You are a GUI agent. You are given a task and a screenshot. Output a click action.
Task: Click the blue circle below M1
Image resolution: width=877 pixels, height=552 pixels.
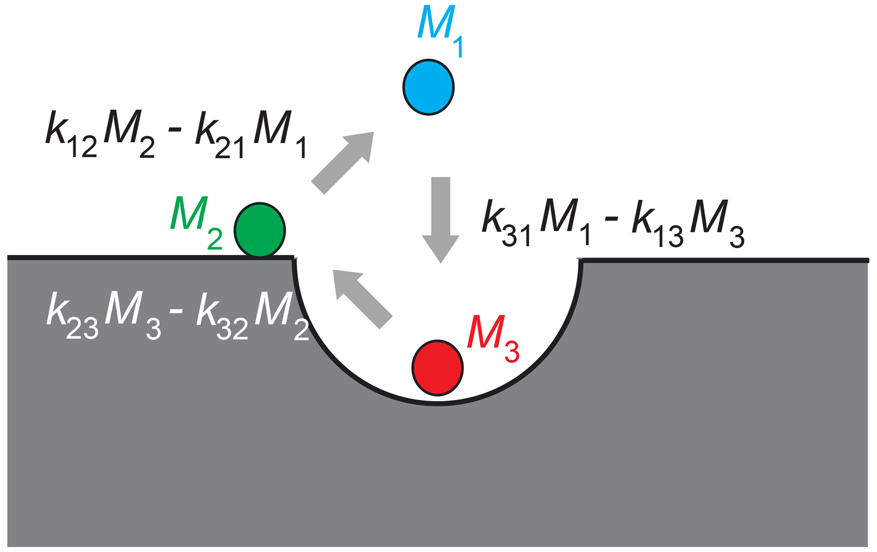(429, 87)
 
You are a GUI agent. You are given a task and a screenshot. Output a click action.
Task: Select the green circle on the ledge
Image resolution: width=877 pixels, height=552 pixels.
(260, 230)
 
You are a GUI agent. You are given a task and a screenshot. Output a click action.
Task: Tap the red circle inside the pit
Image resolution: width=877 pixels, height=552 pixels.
(437, 368)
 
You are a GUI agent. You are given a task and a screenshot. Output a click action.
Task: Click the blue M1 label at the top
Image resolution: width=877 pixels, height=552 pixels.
(439, 30)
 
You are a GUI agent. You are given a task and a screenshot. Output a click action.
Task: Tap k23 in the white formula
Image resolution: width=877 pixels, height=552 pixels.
(72, 316)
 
